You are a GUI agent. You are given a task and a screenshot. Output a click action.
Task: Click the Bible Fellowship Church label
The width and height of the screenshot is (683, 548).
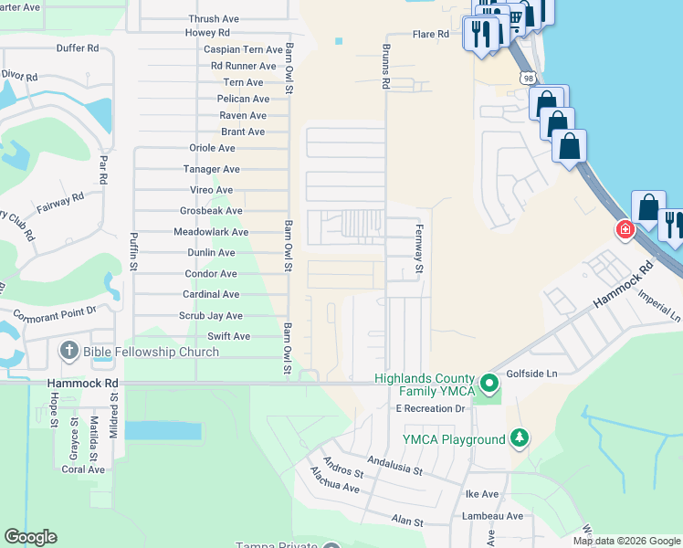151,352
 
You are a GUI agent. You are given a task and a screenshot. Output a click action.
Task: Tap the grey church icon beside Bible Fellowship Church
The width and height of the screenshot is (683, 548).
69,351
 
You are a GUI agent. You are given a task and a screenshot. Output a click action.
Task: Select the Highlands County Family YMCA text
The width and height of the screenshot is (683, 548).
425,385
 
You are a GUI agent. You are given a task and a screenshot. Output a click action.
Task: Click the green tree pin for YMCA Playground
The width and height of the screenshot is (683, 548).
520,438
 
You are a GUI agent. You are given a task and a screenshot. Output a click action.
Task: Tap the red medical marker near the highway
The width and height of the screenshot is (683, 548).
625,229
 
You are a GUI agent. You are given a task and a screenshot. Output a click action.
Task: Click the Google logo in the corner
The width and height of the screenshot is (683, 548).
30,537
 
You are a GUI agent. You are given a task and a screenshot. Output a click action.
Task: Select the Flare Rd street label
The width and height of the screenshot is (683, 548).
430,35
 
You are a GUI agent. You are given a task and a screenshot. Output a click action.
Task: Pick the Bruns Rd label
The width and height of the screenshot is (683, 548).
386,68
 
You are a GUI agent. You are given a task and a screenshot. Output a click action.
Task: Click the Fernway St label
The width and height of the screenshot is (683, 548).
420,249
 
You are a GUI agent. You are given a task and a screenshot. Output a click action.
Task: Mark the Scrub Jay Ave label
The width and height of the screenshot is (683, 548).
212,316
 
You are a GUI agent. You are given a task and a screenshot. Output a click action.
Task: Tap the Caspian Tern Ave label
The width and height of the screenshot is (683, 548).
243,49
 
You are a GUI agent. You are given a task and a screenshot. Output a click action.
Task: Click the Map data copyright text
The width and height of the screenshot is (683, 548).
625,541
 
